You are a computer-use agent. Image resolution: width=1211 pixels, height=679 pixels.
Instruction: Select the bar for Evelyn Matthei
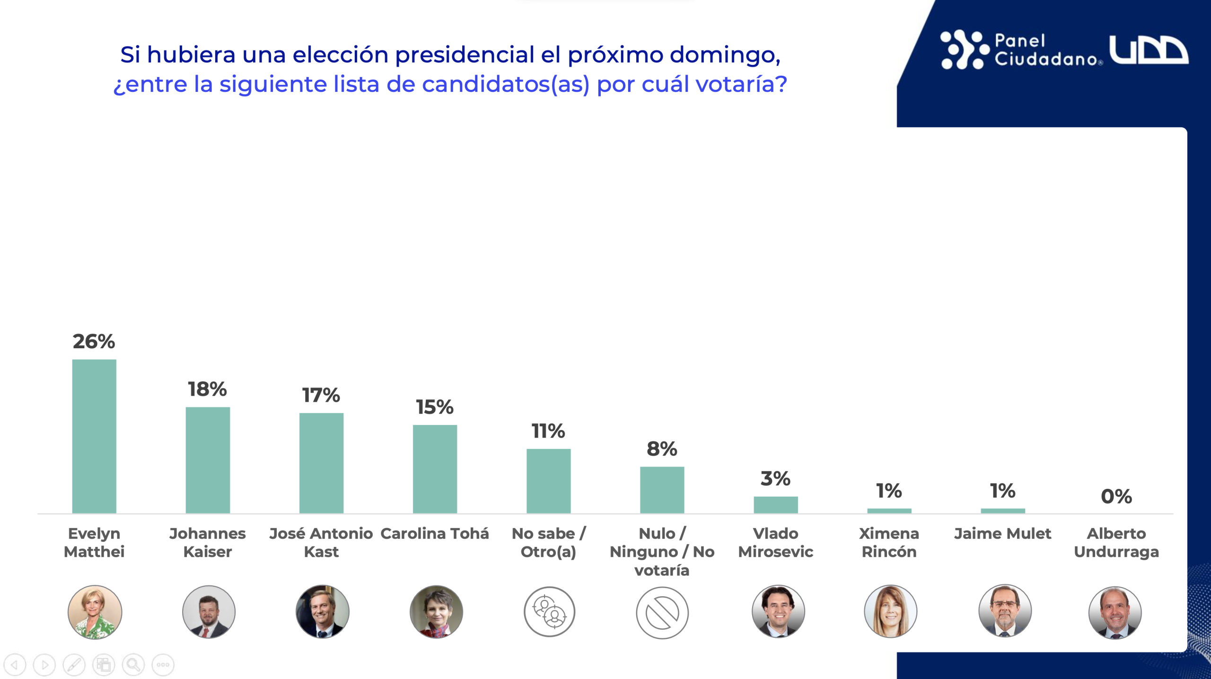click(x=94, y=436)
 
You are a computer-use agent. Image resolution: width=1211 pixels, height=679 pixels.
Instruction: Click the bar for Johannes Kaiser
click(x=208, y=460)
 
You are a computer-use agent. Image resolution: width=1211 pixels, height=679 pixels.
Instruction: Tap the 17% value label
click(x=321, y=395)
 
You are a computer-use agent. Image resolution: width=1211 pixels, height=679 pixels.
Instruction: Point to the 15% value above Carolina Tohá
click(x=434, y=407)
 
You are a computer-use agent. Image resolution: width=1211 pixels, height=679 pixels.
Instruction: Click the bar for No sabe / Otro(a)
click(x=548, y=481)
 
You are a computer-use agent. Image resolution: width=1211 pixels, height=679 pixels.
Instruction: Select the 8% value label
click(x=662, y=449)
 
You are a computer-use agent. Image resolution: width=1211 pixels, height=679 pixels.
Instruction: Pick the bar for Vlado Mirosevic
click(x=775, y=504)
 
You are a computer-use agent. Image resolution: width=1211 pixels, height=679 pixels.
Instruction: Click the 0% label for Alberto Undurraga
click(x=1116, y=496)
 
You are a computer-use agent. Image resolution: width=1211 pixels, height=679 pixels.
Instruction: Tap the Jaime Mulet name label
click(x=1002, y=534)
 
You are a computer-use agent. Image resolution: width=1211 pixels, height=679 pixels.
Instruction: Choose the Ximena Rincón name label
click(x=889, y=542)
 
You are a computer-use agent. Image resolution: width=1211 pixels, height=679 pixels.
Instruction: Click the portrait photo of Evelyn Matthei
click(x=95, y=612)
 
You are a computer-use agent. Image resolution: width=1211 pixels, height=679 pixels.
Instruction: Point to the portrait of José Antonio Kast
click(x=322, y=611)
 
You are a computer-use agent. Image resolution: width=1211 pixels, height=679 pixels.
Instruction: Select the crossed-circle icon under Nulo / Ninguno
click(x=662, y=613)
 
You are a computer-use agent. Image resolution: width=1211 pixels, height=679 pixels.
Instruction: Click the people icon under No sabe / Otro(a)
click(x=549, y=612)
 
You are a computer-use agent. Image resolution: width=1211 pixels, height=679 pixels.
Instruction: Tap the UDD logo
click(x=1148, y=50)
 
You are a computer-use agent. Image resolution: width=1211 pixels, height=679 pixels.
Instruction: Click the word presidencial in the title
click(x=465, y=54)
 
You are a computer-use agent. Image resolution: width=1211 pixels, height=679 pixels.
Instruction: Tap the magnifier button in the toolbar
click(x=133, y=665)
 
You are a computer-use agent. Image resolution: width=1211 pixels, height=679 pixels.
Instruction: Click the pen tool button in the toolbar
click(x=74, y=665)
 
